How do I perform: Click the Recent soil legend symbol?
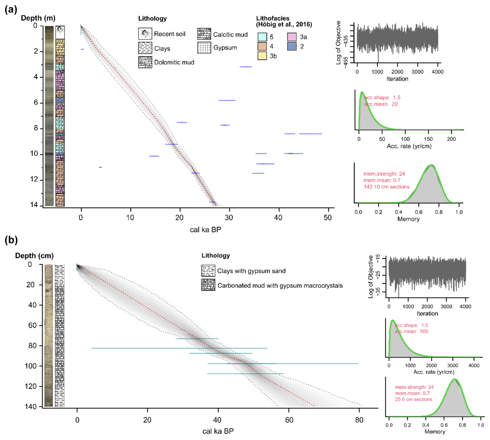tap(145, 34)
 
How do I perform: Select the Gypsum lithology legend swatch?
tap(204, 48)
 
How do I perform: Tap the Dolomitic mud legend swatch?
tap(145, 62)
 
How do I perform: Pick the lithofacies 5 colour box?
tap(262, 37)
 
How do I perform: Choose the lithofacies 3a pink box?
tap(292, 37)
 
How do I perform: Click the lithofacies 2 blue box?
tap(292, 46)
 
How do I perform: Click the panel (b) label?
tap(11, 240)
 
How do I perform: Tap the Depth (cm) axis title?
tap(34, 256)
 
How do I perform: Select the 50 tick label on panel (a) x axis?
tap(328, 218)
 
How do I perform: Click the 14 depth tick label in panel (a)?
tap(34, 205)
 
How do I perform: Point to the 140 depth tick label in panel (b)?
tap(31, 406)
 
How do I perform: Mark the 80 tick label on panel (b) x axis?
tap(359, 420)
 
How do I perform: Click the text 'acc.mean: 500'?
tap(412, 331)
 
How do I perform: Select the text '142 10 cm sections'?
tap(386, 187)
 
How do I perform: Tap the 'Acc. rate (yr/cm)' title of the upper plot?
tap(409, 146)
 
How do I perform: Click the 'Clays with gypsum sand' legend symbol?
tap(208, 271)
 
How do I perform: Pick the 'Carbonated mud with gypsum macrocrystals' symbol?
tap(208, 285)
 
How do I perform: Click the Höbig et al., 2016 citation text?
tap(284, 24)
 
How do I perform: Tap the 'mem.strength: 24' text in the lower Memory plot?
tap(414, 387)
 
